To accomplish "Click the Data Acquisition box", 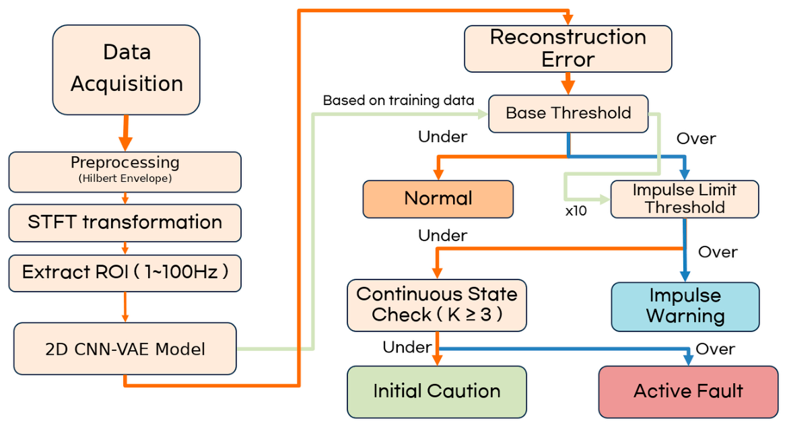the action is pos(126,70).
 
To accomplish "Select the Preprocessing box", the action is pos(125,172).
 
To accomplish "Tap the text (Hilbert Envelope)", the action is pos(125,178).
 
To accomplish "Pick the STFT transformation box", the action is pos(125,222).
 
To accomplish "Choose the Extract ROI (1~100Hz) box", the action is pos(125,273).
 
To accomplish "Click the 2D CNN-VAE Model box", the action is pos(125,349).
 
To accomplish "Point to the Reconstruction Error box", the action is pos(568,48).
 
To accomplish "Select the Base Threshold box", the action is pos(568,114).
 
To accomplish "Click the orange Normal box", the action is pos(438,199).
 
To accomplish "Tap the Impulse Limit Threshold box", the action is pos(685,199).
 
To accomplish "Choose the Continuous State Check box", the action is pos(437,305).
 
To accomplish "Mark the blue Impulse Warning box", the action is pos(685,306).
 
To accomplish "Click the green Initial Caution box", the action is pos(437,392).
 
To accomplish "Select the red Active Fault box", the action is pos(688,392).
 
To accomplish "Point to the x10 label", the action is pos(576,211).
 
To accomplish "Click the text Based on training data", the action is pos(399,100).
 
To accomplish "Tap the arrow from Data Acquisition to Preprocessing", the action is pos(125,133).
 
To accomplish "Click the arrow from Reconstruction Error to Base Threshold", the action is pos(568,84).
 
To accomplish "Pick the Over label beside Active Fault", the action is pos(715,349).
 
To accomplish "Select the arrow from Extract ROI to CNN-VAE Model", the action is pos(125,307).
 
